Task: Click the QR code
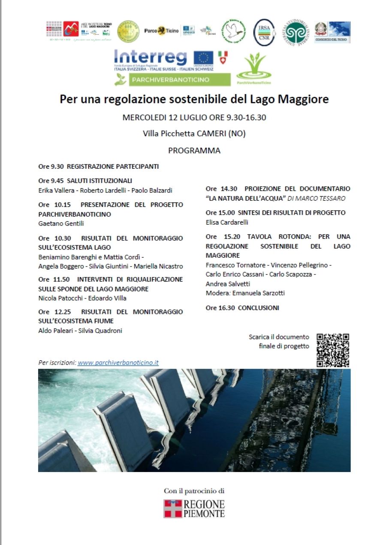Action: pos(333,350)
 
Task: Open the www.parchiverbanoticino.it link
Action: pos(118,362)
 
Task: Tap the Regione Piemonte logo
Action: pos(194,508)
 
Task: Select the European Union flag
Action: pos(203,58)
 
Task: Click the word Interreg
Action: pos(151,56)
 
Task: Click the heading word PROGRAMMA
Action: pos(194,150)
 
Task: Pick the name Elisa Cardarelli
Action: pos(227,222)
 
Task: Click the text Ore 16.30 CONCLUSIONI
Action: pos(242,308)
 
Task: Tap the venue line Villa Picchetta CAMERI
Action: pos(194,134)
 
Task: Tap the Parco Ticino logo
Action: pos(161,30)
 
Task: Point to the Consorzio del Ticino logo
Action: pos(332,31)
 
